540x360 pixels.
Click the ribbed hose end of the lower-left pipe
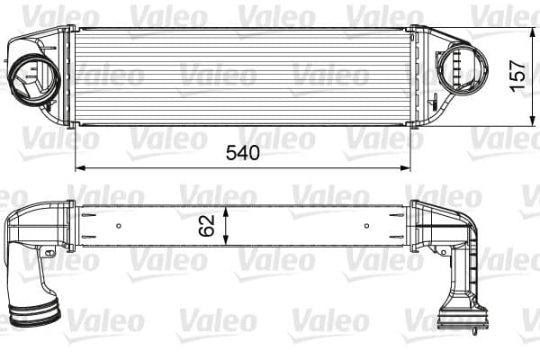click(x=34, y=316)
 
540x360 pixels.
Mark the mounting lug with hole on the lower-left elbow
click(x=50, y=253)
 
